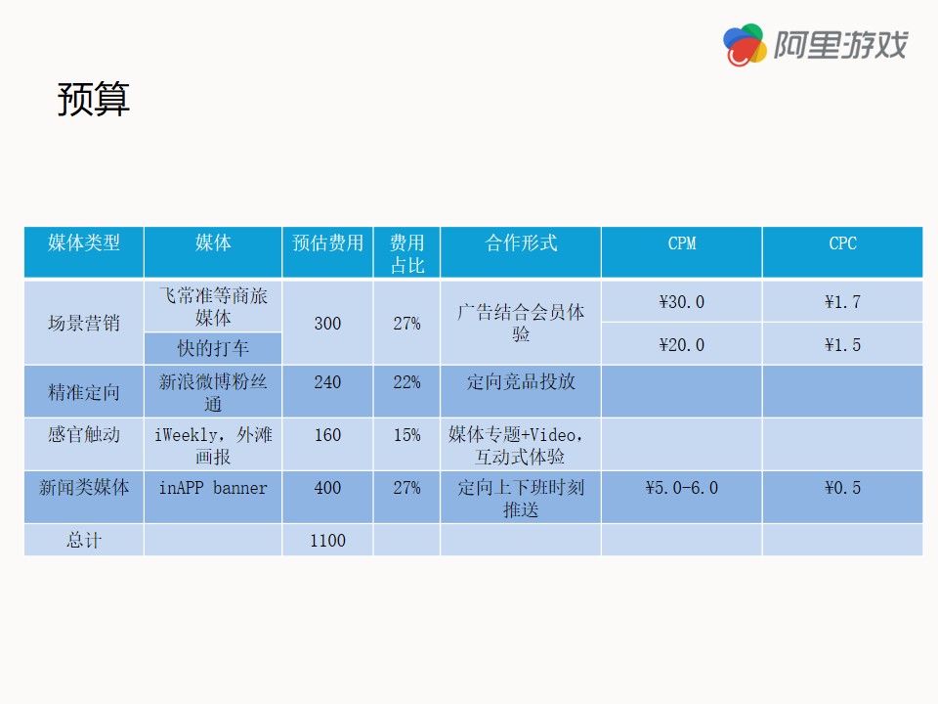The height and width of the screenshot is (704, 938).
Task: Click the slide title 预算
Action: coord(94,99)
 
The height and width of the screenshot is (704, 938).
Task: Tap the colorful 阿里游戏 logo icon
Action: coord(745,45)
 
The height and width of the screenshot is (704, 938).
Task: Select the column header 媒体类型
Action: coord(84,242)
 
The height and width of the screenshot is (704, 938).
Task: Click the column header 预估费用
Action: coord(328,242)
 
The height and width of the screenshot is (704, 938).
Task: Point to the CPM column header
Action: coord(682,243)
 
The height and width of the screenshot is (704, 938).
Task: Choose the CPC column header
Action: coord(843,243)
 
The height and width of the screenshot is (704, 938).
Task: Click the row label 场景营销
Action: coord(84,324)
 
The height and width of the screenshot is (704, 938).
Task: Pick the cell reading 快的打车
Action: coord(213,348)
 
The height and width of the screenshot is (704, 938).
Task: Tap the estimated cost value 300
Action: coord(328,324)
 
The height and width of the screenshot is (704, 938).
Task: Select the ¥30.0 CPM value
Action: coord(682,302)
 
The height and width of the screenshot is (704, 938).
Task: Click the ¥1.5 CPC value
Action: coord(843,345)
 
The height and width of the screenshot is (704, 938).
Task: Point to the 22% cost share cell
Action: coord(406,382)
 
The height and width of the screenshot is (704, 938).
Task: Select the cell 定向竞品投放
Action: coord(521,382)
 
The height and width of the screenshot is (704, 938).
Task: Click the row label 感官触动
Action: coord(84,434)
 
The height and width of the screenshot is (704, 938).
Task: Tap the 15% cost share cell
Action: coord(406,434)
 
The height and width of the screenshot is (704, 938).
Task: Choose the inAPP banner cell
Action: coord(213,488)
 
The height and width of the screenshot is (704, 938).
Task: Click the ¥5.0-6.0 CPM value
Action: coord(682,488)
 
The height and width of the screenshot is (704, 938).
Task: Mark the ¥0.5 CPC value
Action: coord(843,488)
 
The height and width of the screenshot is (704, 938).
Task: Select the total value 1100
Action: coord(328,541)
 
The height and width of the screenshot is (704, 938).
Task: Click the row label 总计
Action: coord(84,541)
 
